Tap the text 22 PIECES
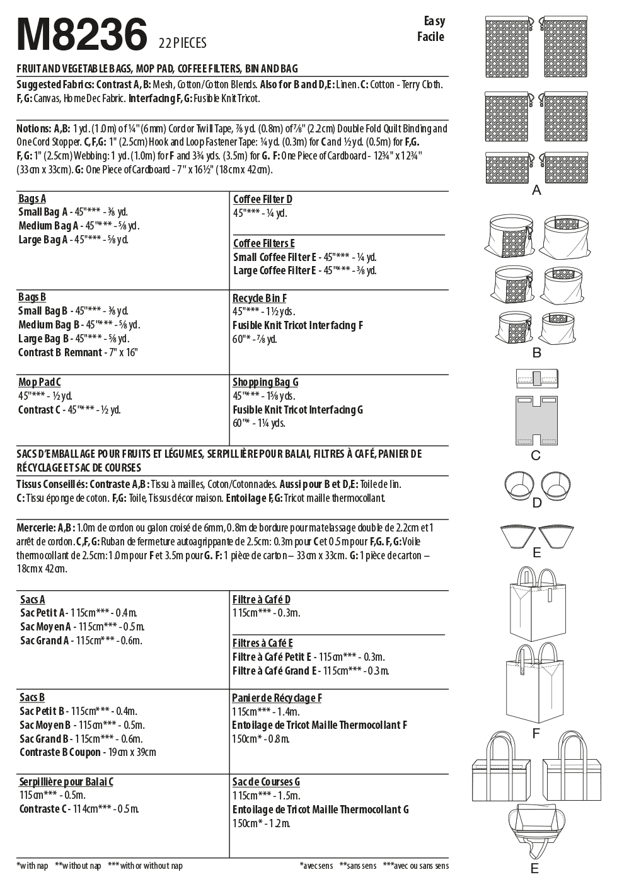(183, 43)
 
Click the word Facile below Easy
(430, 37)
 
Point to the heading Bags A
(32, 199)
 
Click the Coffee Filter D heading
(262, 199)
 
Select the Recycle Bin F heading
(259, 298)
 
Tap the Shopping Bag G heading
(265, 382)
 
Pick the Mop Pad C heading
(39, 382)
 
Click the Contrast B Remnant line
(78, 352)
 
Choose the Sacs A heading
(32, 600)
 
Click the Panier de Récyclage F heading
(277, 698)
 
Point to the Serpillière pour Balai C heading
(66, 782)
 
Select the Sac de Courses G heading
(266, 782)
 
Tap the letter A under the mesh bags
(536, 190)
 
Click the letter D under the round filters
(537, 503)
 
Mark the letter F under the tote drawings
(536, 733)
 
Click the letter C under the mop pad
(536, 455)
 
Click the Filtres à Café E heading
(262, 643)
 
